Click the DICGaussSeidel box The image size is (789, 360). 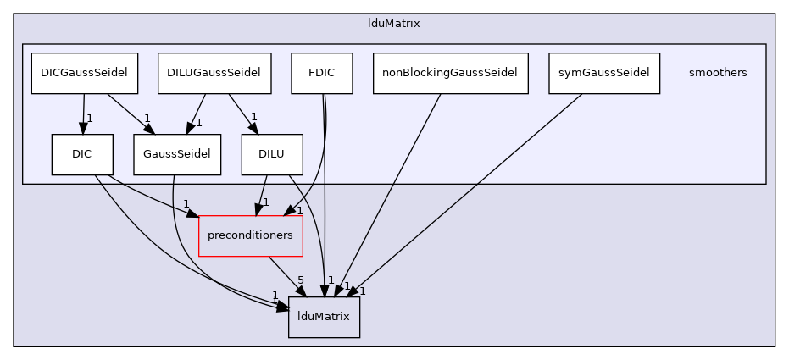point(84,73)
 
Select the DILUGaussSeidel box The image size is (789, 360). point(214,73)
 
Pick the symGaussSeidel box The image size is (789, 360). point(603,73)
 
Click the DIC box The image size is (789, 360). point(81,154)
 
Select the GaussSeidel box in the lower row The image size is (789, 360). point(176,154)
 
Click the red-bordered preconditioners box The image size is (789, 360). point(250,235)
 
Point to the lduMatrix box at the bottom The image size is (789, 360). point(324,317)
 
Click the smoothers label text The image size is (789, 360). point(718,73)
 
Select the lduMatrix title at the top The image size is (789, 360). point(394,23)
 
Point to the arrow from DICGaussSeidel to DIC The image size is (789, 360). point(83,112)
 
